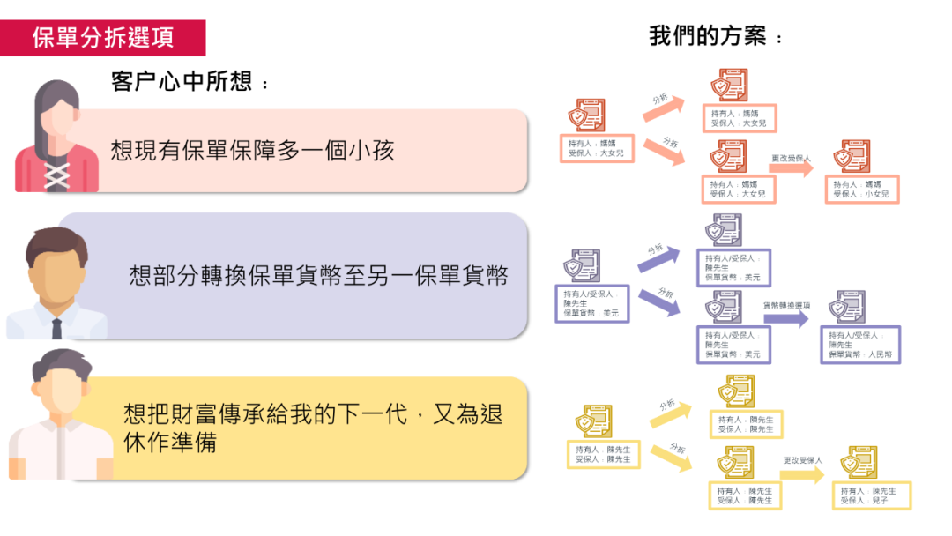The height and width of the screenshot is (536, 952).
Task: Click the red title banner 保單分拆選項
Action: [x=103, y=38]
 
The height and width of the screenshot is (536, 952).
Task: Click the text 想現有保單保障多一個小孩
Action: [x=252, y=150]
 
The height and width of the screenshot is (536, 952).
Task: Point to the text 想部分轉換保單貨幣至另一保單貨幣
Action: [x=318, y=276]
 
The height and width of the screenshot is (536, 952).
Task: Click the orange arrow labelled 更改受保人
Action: [x=791, y=169]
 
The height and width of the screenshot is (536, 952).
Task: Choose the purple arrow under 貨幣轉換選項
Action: [x=785, y=317]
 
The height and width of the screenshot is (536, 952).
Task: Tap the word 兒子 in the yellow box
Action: [x=879, y=501]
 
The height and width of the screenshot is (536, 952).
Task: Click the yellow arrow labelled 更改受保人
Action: [x=802, y=474]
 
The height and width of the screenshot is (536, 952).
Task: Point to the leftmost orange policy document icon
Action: [x=585, y=115]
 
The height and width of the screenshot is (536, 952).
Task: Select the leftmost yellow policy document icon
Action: [x=592, y=421]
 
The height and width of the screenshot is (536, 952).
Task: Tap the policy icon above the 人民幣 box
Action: [x=848, y=308]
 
